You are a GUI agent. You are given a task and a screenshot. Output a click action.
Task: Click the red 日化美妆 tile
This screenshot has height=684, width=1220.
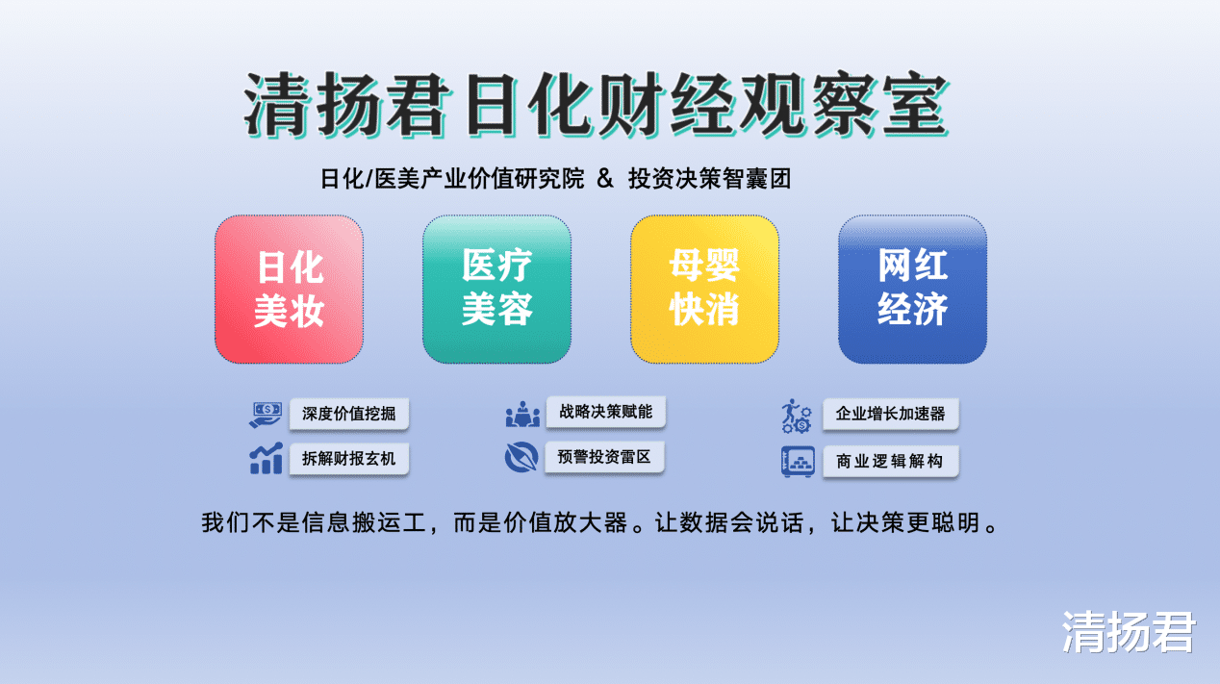[x=289, y=290]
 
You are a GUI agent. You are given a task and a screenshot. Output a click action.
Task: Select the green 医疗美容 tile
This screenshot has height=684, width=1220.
[x=496, y=290]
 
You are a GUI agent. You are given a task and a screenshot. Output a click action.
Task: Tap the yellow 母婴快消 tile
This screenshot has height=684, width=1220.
[x=704, y=290]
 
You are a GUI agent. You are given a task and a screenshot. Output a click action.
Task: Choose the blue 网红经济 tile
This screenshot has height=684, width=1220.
[x=913, y=290]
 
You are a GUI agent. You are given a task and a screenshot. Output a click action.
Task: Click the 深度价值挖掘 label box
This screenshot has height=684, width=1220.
[x=349, y=414]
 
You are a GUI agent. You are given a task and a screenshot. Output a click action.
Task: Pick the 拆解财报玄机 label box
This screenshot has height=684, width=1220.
[x=349, y=459]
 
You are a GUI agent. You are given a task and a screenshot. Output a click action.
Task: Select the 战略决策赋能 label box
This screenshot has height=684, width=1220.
[x=605, y=412]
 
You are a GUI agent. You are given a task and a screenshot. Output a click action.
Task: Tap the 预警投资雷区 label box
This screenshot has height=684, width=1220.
[x=604, y=457]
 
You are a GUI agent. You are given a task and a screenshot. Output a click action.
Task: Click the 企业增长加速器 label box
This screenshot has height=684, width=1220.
[x=891, y=414]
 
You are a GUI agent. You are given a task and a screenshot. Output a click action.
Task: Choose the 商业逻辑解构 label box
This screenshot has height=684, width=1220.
[x=891, y=461]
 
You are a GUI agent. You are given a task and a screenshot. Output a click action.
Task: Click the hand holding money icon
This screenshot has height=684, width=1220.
[x=266, y=415]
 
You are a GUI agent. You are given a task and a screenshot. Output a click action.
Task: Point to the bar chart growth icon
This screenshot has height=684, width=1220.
[x=266, y=458]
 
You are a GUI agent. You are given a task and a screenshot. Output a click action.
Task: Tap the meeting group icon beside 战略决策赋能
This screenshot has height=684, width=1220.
[x=522, y=414]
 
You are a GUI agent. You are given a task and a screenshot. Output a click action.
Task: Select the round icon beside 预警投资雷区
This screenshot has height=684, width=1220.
[x=521, y=457]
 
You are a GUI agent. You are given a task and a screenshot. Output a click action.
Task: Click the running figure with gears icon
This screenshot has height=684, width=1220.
[x=797, y=416]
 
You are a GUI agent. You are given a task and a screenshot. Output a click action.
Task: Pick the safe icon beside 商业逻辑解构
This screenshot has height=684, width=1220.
[x=798, y=462]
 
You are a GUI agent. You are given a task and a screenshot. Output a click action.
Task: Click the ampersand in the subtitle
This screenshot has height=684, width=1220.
[x=605, y=179]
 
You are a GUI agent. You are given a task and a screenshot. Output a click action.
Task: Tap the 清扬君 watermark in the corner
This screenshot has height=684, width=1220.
[x=1129, y=632]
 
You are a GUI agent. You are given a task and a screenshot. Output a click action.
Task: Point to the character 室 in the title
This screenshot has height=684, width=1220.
[x=915, y=104]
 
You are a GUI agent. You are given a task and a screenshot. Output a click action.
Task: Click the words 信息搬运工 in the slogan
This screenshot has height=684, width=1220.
[x=364, y=522]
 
